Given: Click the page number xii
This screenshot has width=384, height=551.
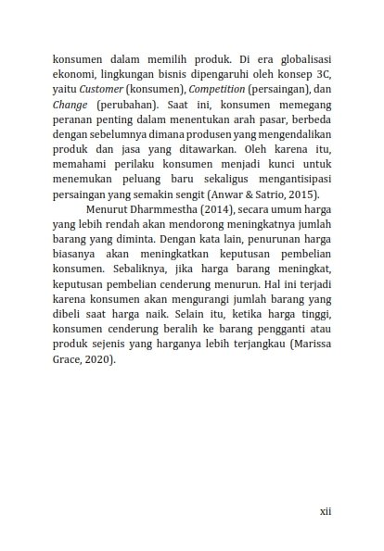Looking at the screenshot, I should click(x=325, y=509).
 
